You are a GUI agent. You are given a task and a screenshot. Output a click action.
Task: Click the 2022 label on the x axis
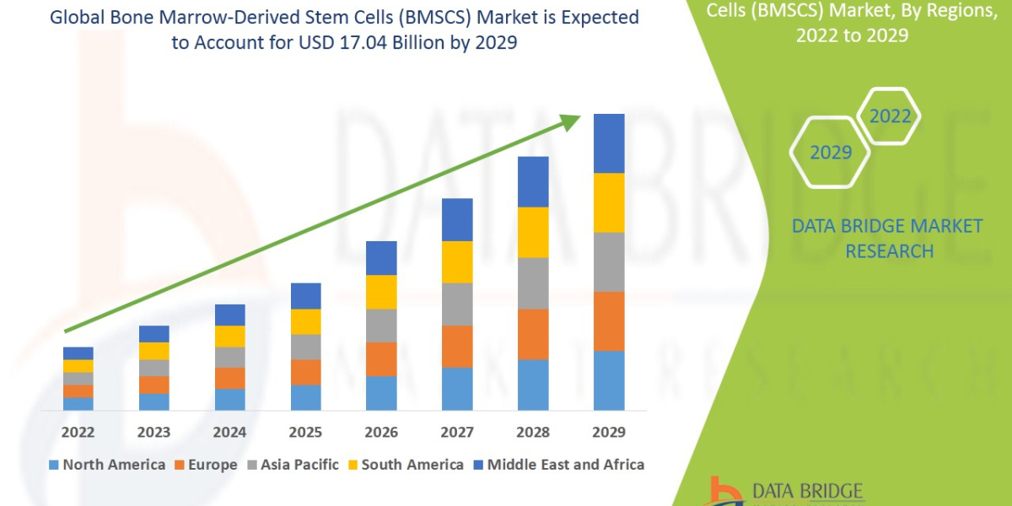[x=78, y=433]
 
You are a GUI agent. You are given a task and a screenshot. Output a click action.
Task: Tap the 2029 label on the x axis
[x=609, y=433]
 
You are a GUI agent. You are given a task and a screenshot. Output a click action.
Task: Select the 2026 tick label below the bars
[x=381, y=433]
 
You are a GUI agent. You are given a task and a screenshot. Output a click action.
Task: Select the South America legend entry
[x=405, y=465]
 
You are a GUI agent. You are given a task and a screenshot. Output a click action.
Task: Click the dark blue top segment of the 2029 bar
[x=609, y=143]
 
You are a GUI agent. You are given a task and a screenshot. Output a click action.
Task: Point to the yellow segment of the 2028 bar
[x=533, y=232]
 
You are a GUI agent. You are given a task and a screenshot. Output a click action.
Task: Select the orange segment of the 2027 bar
[x=457, y=347]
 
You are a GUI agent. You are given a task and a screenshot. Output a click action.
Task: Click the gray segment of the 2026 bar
[x=381, y=326]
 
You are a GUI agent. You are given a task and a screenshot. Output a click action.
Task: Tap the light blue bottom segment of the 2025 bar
[x=305, y=397]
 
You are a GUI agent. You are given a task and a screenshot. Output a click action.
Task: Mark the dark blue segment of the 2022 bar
[x=78, y=353]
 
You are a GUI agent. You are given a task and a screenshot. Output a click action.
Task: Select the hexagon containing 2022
[x=890, y=116]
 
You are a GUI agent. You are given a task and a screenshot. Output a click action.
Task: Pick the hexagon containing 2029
[x=830, y=153]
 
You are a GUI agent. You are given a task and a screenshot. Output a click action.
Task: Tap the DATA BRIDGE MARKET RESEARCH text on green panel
[x=888, y=239]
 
